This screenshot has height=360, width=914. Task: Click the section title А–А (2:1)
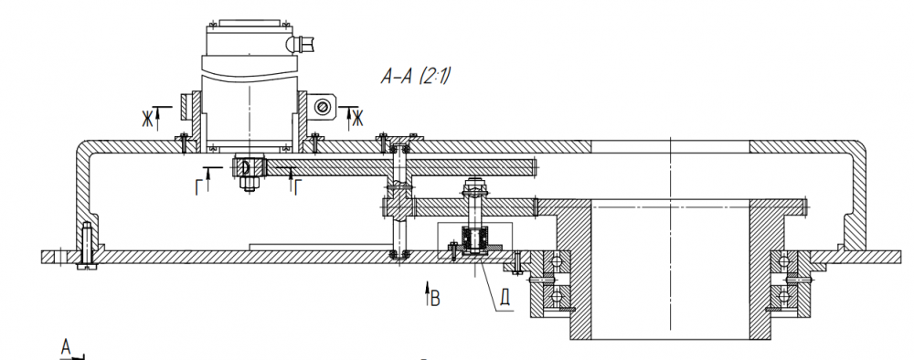pyautogui.click(x=417, y=77)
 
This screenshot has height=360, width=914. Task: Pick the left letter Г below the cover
pyautogui.click(x=200, y=186)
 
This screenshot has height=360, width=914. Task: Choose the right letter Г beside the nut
pyautogui.click(x=299, y=186)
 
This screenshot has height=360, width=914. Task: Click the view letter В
pyautogui.click(x=435, y=300)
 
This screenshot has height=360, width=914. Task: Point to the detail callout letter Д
pyautogui.click(x=505, y=297)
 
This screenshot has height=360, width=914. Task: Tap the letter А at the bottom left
pyautogui.click(x=66, y=348)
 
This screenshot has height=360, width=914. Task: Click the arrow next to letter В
pyautogui.click(x=427, y=293)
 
